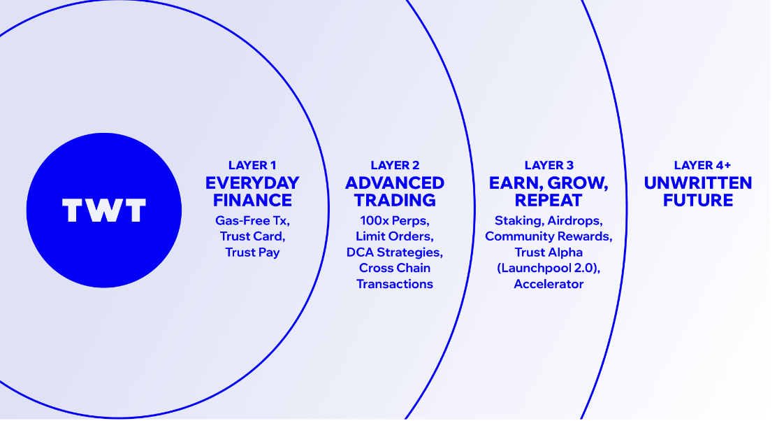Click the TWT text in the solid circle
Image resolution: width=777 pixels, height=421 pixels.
[104, 210]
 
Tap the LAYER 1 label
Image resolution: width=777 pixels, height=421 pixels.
[252, 165]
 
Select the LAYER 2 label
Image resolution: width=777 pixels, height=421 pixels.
[395, 165]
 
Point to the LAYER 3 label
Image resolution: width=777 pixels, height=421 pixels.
[549, 165]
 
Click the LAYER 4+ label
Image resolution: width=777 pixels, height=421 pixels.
[702, 165]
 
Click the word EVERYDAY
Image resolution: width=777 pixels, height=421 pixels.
[252, 183]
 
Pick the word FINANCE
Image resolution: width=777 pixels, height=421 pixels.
[252, 200]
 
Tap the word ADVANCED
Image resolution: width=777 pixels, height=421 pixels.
[395, 183]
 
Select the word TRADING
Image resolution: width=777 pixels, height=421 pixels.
[395, 200]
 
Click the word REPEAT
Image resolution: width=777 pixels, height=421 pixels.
[549, 200]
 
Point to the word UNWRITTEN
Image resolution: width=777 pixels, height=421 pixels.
[698, 183]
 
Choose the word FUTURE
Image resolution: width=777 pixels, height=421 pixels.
[698, 200]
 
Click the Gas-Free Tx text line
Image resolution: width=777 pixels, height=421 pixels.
[252, 221]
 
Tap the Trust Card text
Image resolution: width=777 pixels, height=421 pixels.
[253, 236]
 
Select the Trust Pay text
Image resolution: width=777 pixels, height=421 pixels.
[253, 252]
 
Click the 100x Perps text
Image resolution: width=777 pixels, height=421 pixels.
[395, 221]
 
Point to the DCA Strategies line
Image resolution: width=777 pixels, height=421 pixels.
[395, 252]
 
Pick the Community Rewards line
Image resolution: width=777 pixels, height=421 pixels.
[549, 236]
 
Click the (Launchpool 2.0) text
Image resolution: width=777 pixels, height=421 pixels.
[549, 269]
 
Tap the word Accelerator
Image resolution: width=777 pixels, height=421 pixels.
[549, 284]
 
